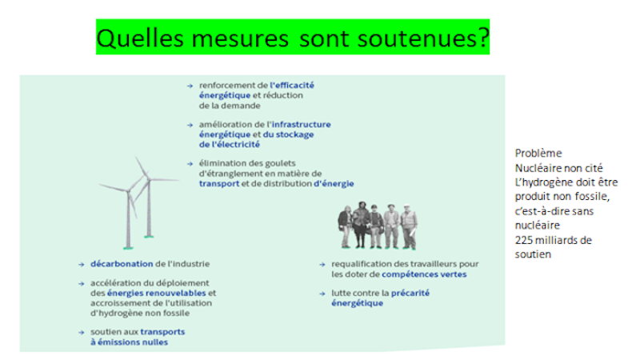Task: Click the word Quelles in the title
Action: tap(140, 38)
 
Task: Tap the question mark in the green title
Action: tap(483, 38)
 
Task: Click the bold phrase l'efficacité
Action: tap(292, 86)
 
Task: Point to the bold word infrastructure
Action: tap(302, 124)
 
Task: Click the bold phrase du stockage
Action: tap(288, 134)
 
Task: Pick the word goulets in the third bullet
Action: tap(280, 163)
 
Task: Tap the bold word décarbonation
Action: tap(122, 264)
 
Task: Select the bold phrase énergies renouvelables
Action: tap(156, 293)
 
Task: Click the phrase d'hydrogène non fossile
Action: tap(140, 313)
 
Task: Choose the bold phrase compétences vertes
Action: tap(424, 274)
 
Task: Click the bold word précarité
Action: tap(410, 293)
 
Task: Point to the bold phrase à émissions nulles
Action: tap(129, 342)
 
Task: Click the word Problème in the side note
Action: tap(538, 153)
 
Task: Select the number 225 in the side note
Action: tap(524, 240)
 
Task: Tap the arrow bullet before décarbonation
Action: tap(82, 265)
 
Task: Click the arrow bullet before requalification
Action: tap(322, 265)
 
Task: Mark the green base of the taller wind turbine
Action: tap(129, 247)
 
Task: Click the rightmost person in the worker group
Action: tap(409, 226)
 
